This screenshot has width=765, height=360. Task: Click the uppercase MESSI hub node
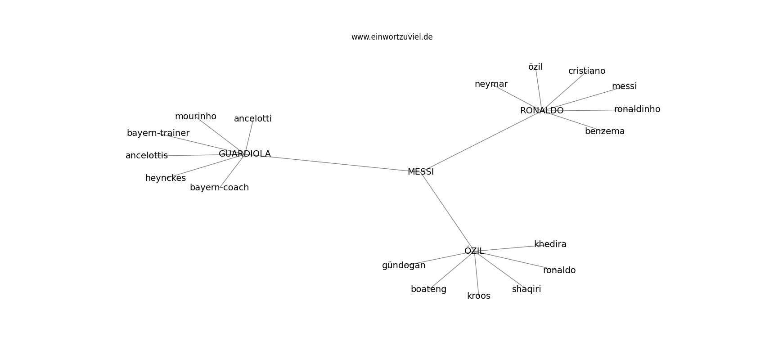421,172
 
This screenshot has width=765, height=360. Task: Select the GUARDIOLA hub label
244,154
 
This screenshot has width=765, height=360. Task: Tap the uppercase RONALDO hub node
542,111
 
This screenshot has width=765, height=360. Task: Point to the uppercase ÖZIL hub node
474,251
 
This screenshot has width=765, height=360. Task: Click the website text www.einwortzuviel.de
391,37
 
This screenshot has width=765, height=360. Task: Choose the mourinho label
196,117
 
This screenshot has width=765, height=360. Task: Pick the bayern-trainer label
158,133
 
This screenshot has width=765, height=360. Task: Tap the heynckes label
166,178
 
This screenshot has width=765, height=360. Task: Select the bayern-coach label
219,188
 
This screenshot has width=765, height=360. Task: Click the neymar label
491,84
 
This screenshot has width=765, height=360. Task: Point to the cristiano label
587,71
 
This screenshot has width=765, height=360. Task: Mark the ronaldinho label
637,109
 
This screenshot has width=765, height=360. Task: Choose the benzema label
605,131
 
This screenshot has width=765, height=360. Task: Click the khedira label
550,244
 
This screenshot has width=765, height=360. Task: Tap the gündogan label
404,265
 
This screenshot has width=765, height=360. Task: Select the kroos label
479,296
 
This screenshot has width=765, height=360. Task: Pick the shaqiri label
526,289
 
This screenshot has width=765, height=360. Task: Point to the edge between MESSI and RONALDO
481,141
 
